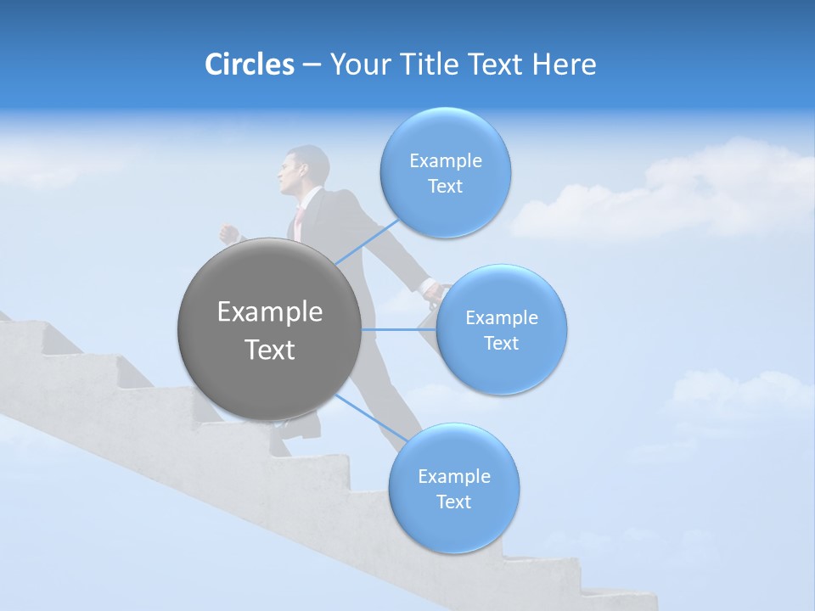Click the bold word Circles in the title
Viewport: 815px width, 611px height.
[x=249, y=64]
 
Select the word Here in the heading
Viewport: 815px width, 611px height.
[x=565, y=64]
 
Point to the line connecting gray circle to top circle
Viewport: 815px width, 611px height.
[x=367, y=242]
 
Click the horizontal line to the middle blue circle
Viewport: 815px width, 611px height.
[x=397, y=329]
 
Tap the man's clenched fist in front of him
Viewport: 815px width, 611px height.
[x=228, y=233]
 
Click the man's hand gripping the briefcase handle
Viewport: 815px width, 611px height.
[x=433, y=293]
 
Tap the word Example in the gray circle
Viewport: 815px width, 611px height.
[x=269, y=312]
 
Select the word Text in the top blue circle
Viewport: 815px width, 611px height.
[x=445, y=187]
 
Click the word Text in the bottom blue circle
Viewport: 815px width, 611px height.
[x=453, y=502]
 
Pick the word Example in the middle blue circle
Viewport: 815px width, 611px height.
[x=502, y=318]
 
